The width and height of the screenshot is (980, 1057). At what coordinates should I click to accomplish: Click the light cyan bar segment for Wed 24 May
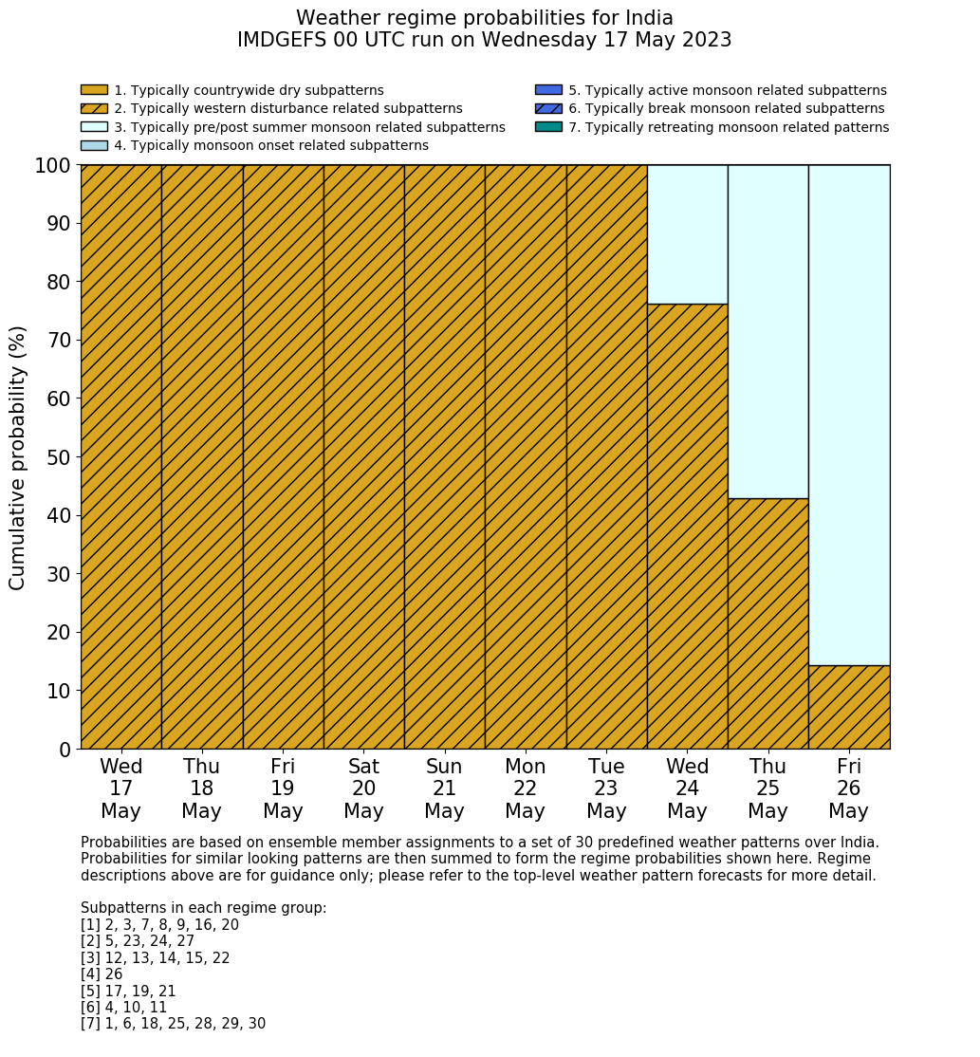[687, 234]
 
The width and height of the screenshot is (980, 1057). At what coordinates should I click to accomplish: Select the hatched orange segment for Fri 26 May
[849, 707]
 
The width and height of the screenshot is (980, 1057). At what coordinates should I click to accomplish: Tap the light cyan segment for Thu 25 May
[767, 331]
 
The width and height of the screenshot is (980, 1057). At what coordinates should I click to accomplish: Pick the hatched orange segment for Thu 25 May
[767, 623]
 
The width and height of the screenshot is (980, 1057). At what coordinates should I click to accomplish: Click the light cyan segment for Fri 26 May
[849, 415]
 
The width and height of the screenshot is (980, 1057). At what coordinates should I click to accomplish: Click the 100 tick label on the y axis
[53, 166]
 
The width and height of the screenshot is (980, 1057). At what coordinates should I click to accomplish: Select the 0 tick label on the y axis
[65, 750]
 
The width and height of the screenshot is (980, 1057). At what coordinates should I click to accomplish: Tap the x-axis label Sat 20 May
[363, 788]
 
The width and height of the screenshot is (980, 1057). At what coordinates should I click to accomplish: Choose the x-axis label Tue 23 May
[606, 788]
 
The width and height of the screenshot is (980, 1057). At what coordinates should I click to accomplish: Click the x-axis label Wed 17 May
[121, 788]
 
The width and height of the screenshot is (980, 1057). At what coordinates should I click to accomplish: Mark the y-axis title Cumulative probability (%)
[18, 457]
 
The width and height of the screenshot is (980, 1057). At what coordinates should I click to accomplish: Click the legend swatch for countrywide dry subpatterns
[94, 90]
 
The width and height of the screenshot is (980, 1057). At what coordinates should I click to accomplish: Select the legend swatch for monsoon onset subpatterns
[94, 145]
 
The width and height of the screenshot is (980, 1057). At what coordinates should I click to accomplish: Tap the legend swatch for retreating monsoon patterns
[548, 127]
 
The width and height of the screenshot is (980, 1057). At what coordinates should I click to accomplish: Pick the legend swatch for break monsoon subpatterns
[548, 109]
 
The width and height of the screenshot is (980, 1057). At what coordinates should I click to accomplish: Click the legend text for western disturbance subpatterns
[288, 109]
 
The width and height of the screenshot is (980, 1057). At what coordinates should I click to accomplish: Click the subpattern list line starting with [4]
[102, 974]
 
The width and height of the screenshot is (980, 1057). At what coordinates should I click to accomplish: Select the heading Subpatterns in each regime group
[203, 908]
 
